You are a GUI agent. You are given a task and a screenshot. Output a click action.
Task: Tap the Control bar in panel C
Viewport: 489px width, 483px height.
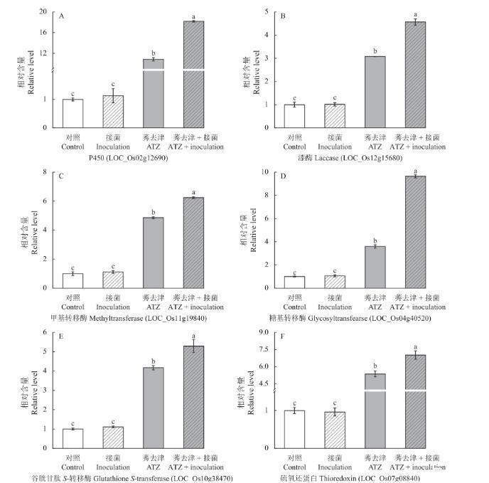click(72, 283)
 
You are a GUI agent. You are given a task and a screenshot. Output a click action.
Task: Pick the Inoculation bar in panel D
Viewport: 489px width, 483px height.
click(335, 285)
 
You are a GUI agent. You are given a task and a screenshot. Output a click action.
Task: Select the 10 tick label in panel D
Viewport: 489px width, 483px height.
click(262, 171)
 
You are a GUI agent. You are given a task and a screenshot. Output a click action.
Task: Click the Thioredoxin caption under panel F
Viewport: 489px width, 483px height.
click(375, 478)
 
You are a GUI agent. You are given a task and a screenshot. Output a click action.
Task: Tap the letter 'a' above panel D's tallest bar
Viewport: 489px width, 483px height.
click(415, 171)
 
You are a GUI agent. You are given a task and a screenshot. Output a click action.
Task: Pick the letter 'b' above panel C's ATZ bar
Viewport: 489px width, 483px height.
click(154, 211)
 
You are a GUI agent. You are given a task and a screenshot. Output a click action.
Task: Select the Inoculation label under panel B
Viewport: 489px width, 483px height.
click(335, 147)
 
